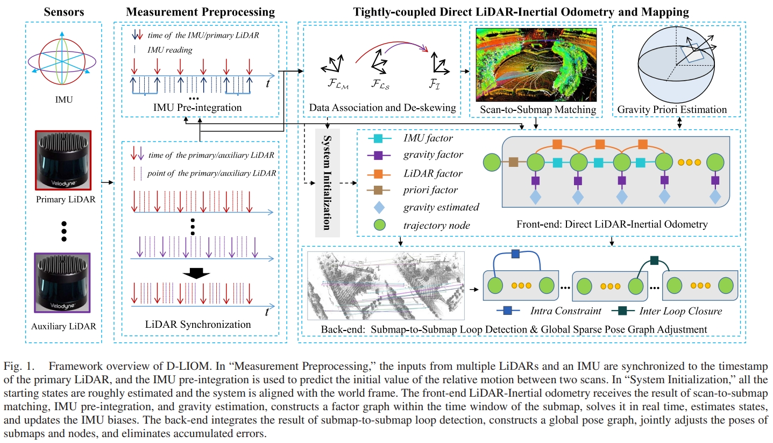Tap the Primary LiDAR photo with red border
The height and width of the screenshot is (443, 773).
point(63,160)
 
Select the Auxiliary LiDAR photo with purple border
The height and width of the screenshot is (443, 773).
point(63,282)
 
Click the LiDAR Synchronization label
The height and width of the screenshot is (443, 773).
point(198,325)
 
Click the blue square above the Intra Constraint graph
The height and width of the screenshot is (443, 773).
point(515,254)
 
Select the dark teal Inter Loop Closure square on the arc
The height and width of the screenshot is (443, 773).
point(654,261)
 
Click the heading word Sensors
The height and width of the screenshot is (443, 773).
point(63,11)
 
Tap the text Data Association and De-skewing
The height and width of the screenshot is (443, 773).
point(382,108)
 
